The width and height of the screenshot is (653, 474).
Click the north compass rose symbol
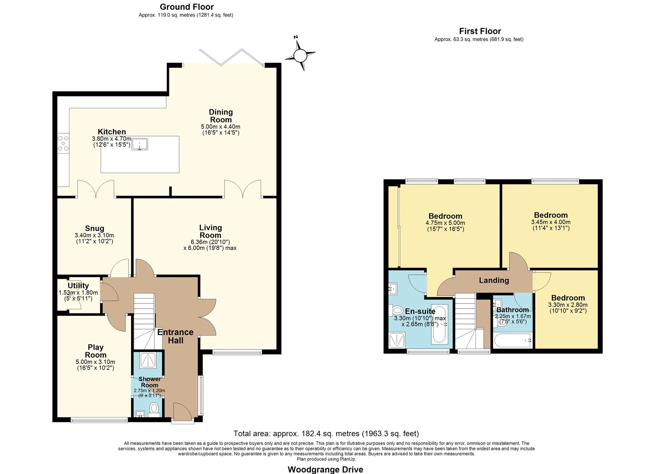click(x=300, y=55)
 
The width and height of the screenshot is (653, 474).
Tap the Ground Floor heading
click(x=187, y=7)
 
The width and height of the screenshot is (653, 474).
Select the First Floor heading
click(x=480, y=31)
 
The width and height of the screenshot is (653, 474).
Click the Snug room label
click(x=94, y=228)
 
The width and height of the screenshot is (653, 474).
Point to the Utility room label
click(x=78, y=285)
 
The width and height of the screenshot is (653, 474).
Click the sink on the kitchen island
click(x=140, y=144)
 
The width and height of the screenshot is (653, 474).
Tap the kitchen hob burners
click(x=63, y=143)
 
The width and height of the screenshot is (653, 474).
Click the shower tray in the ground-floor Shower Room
click(x=149, y=360)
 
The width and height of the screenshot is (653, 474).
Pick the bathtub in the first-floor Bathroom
click(x=513, y=340)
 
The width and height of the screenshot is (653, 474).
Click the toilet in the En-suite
click(x=396, y=310)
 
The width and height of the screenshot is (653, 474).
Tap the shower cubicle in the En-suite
click(x=397, y=340)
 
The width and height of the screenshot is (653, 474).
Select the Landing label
click(x=494, y=280)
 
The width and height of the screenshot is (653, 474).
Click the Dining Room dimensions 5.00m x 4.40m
click(x=220, y=127)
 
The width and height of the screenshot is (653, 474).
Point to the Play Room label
click(x=96, y=351)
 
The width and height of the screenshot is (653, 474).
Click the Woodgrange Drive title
click(x=325, y=470)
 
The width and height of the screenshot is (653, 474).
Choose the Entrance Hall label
click(x=175, y=336)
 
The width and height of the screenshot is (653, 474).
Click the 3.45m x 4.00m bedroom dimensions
click(x=551, y=222)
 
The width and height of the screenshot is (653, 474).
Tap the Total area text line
click(x=326, y=434)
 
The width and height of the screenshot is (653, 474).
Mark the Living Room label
click(x=210, y=231)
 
